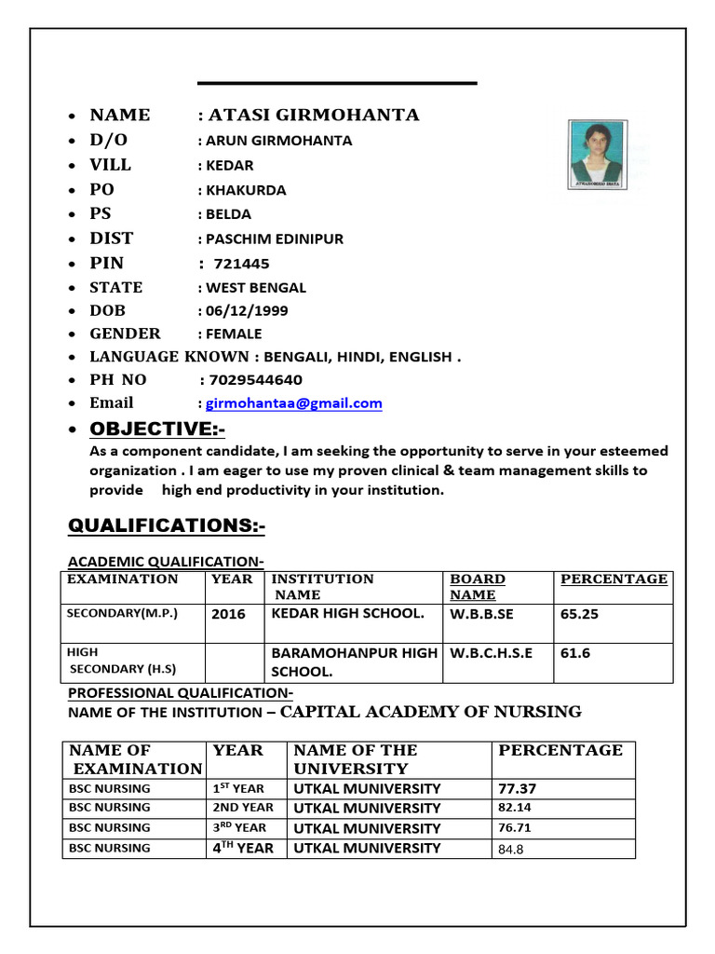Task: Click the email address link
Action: [x=293, y=403]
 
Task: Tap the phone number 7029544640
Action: [x=256, y=380]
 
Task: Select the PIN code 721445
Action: [x=241, y=264]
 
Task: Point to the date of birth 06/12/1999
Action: [x=240, y=310]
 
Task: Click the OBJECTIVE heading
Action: [x=157, y=429]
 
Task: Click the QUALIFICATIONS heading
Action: [x=167, y=526]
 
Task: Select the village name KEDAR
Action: [x=229, y=166]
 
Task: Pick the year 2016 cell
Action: [x=229, y=614]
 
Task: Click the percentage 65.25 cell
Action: [x=579, y=614]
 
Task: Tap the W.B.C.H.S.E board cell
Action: [x=492, y=653]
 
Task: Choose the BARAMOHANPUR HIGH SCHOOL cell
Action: [x=354, y=661]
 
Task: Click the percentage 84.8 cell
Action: [x=513, y=849]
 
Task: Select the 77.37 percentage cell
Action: [x=518, y=788]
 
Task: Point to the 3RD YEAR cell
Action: [x=239, y=827]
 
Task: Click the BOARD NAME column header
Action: [x=478, y=587]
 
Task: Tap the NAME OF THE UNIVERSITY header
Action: [x=356, y=759]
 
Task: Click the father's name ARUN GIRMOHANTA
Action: [x=278, y=141]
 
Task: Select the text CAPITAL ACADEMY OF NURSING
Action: [x=431, y=712]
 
